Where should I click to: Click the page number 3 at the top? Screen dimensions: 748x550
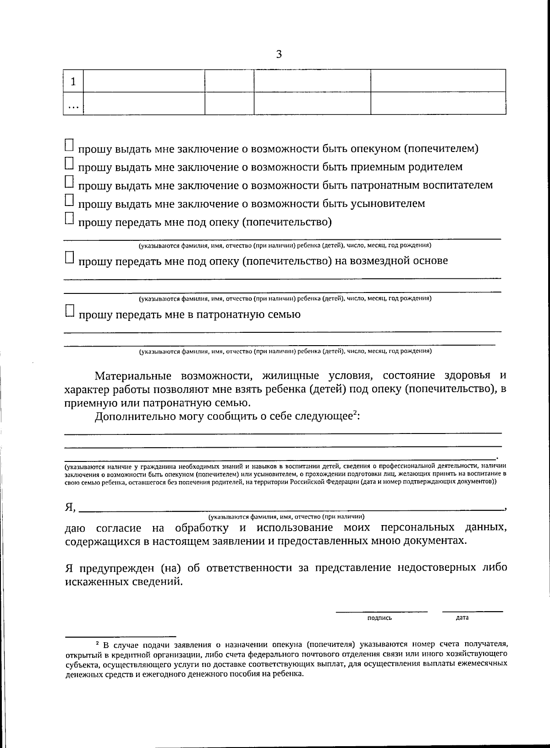[279, 54]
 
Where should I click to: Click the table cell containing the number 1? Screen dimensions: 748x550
[73, 81]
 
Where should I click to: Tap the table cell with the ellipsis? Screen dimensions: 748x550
[73, 104]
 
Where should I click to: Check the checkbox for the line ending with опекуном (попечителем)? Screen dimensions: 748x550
[69, 145]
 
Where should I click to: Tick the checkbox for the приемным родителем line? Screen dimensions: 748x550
[69, 163]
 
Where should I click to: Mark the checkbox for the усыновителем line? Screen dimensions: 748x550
[69, 200]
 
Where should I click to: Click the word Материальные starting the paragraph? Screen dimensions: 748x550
[132, 376]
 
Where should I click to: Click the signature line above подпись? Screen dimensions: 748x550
[381, 611]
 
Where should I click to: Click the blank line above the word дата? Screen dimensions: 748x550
[472, 611]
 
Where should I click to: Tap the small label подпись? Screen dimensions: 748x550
[379, 618]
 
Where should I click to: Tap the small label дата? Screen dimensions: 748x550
[462, 618]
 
